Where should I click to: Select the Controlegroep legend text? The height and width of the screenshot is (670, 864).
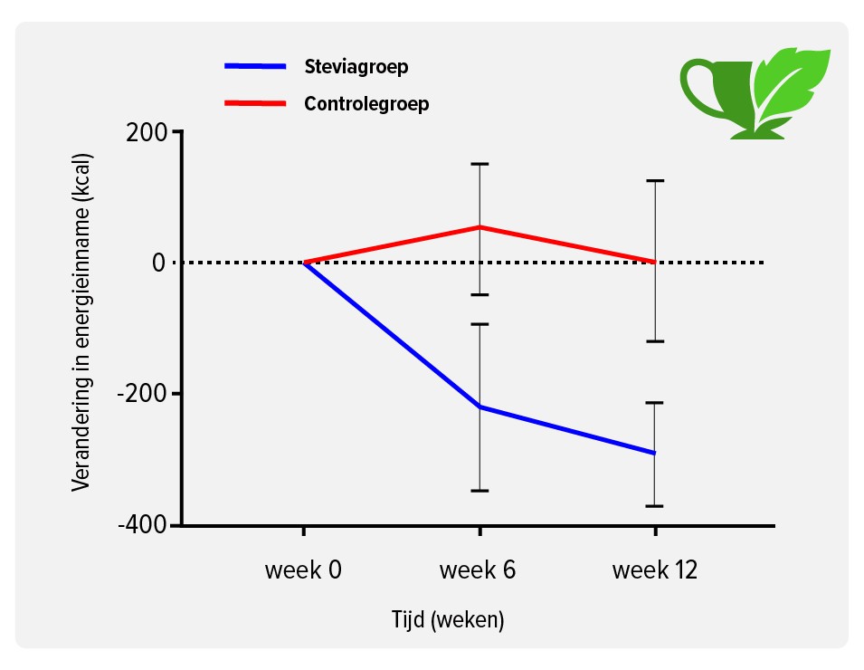coord(366,103)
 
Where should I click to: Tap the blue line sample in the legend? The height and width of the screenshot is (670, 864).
coord(255,66)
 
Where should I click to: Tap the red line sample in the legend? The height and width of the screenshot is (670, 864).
coord(255,103)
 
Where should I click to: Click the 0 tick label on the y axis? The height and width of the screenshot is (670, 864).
coord(158,263)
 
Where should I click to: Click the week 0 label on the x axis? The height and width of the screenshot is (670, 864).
coord(303,570)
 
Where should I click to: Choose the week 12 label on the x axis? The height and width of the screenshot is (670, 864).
coord(655,570)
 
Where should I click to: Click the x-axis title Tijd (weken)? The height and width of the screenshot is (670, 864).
coord(448,620)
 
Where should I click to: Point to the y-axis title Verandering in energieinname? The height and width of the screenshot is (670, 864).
coord(81,321)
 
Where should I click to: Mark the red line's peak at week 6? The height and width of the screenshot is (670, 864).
coord(479,226)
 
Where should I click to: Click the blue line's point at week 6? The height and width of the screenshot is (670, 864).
coord(479,407)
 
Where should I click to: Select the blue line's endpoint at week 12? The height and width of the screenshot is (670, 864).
coord(654,453)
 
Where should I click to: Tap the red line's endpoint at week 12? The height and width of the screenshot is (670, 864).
coord(654,262)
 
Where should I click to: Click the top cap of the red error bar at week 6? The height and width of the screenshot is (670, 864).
coord(479,164)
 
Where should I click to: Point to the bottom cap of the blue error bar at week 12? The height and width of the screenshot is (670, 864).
coord(654,506)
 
